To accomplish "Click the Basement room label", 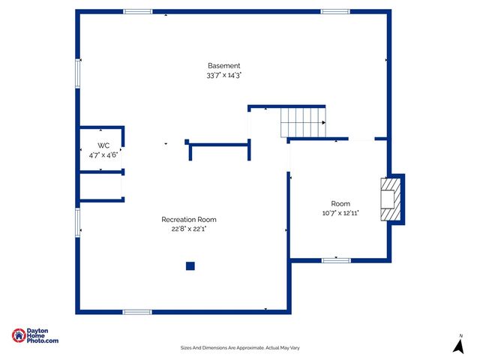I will [223, 66].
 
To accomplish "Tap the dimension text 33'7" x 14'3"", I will [223, 76].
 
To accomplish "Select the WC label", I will [103, 145].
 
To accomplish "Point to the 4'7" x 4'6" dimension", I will [103, 155].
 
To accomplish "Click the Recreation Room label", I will [189, 220].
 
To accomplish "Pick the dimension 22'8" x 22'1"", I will [189, 229].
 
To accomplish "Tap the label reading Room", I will [340, 204].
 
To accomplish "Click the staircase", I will [304, 122].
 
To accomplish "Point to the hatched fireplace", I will [390, 199].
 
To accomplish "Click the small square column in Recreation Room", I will [190, 265].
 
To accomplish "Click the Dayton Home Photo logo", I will [35, 337].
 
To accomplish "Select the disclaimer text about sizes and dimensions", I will [240, 348].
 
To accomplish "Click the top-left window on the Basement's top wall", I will [137, 11].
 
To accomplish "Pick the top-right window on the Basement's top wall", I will [335, 11].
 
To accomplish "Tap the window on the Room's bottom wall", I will [336, 260].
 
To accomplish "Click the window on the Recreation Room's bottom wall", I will [137, 312].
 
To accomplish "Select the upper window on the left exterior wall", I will [77, 73].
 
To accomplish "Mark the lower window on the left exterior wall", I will [77, 222].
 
